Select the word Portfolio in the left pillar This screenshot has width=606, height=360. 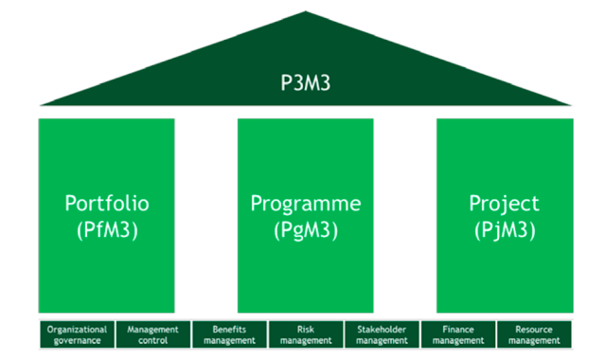click(x=107, y=204)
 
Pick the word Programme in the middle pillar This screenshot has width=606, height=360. click(x=306, y=204)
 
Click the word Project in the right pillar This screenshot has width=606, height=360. click(x=504, y=204)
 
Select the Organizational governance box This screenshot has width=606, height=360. click(x=77, y=334)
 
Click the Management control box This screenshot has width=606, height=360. click(x=152, y=334)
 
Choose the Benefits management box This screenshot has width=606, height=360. click(x=229, y=334)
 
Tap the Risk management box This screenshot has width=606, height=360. click(x=306, y=334)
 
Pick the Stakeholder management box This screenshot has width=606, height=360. click(x=382, y=334)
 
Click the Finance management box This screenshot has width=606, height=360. click(x=458, y=334)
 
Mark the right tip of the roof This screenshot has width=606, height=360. click(x=570, y=103)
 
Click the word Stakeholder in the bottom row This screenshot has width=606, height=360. click(x=382, y=329)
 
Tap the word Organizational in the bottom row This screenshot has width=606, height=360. click(x=77, y=329)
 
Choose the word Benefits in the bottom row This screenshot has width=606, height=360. click(x=229, y=329)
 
